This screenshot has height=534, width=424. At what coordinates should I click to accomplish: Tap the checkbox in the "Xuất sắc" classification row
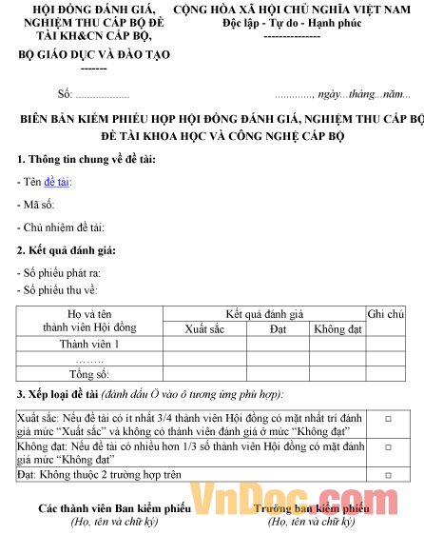[x=388, y=418]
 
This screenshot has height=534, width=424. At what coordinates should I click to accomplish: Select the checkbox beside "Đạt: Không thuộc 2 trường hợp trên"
[x=388, y=473]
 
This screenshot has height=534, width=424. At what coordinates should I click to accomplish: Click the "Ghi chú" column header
[x=385, y=314]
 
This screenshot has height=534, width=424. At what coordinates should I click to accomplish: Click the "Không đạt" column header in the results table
[x=337, y=328]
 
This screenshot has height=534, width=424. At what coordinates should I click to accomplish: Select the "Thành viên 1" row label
[x=89, y=344]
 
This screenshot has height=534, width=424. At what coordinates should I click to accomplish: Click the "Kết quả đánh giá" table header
[x=263, y=314]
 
